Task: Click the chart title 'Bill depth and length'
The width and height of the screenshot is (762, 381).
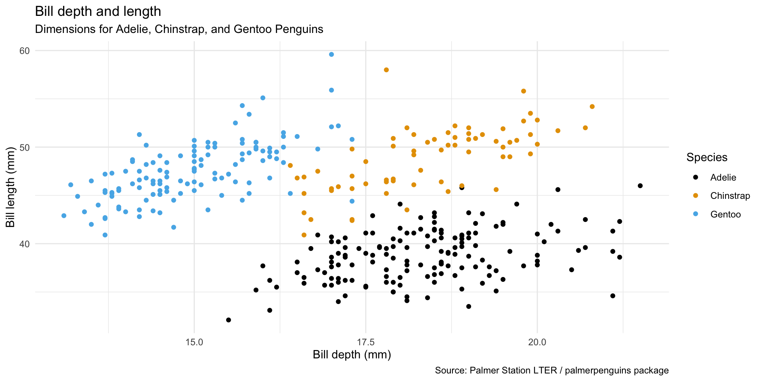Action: tap(98, 12)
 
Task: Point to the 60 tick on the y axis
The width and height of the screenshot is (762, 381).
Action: tap(25, 51)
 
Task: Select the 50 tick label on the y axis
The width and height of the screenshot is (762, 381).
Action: tap(25, 147)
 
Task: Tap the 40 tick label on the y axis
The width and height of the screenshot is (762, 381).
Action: tap(25, 244)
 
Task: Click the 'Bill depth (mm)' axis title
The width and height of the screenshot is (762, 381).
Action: tap(352, 355)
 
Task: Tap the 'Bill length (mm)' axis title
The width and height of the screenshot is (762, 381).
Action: tap(11, 191)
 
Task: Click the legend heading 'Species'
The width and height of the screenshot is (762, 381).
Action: tap(707, 158)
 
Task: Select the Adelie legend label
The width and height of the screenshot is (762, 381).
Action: tap(723, 177)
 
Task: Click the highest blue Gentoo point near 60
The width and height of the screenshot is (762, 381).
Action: tap(331, 54)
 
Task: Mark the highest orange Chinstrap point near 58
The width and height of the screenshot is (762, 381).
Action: tap(386, 70)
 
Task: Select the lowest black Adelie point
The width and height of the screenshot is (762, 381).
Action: tap(229, 320)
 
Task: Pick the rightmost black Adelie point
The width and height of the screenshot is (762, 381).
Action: tap(640, 186)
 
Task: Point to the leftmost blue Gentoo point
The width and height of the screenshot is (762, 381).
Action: tap(64, 216)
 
